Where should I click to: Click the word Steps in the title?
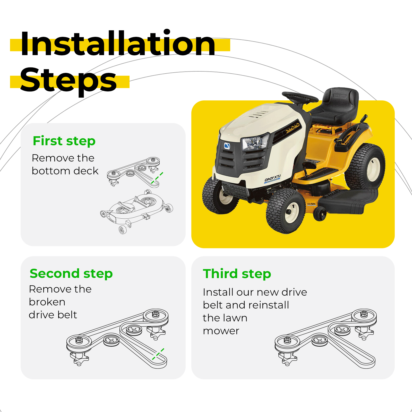pyautogui.click(x=68, y=80)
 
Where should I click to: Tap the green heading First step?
pyautogui.click(x=64, y=141)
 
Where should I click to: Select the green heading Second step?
pyautogui.click(x=71, y=273)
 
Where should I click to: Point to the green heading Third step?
pyautogui.click(x=237, y=273)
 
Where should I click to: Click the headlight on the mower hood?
pyautogui.click(x=255, y=142)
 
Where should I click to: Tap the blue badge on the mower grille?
pyautogui.click(x=227, y=146)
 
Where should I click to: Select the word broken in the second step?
pyautogui.click(x=47, y=302)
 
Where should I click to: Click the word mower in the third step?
pyautogui.click(x=221, y=331)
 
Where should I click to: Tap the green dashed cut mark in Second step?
pyautogui.click(x=158, y=354)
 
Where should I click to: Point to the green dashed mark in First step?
pyautogui.click(x=157, y=178)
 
